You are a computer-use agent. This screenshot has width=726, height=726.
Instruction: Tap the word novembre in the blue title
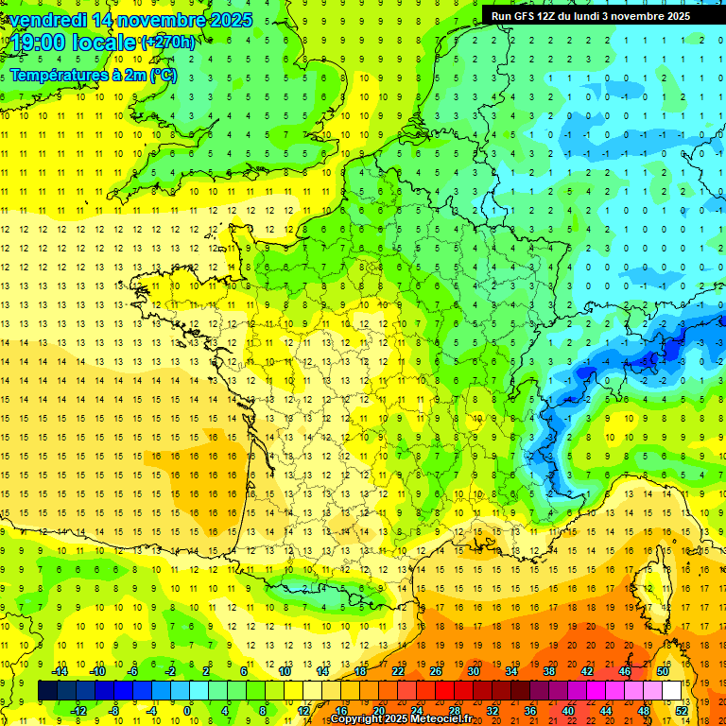pos(168,20)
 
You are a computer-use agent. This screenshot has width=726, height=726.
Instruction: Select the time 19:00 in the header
pos(40,43)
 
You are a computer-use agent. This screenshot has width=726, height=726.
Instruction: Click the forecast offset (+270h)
pos(168,43)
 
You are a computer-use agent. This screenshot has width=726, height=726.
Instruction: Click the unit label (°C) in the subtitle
pos(163,75)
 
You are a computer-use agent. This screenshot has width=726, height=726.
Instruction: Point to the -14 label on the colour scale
pos(60,671)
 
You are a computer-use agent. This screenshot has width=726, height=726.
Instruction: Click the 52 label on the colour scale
pos(682,711)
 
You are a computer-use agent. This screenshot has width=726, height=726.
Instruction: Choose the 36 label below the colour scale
pos(530,711)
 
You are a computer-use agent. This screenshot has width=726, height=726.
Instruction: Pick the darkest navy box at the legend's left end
pos(46,691)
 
